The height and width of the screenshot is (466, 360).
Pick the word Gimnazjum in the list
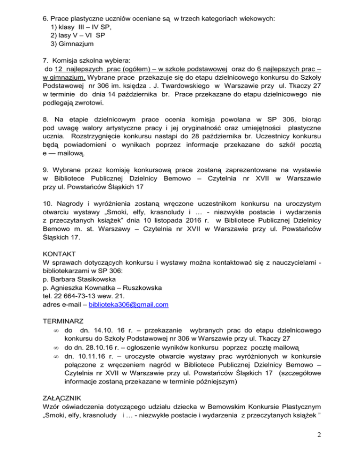pyautogui.click(x=75, y=44)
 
